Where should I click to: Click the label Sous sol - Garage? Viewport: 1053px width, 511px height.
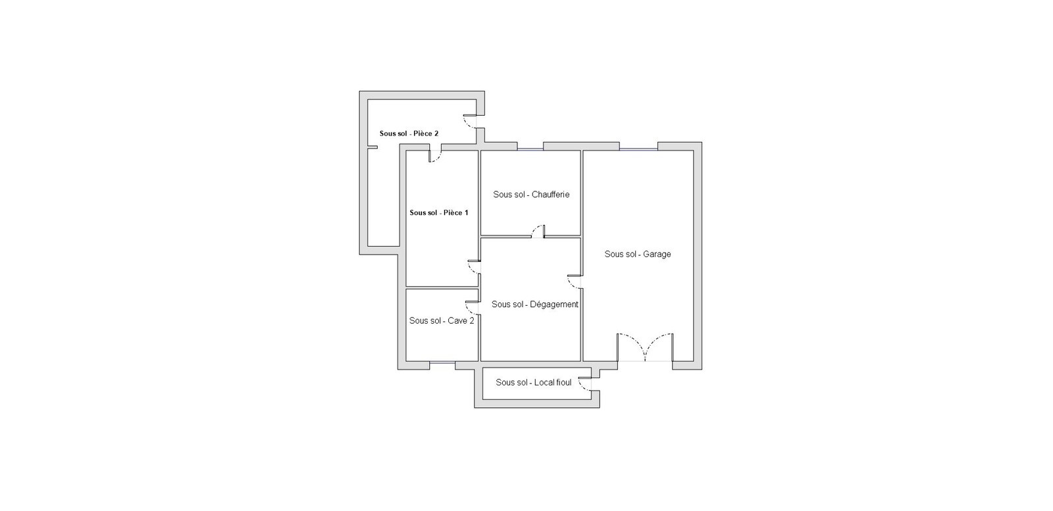tap(638, 254)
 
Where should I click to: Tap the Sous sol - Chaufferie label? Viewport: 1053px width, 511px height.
tap(531, 195)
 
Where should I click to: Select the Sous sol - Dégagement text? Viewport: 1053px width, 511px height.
tap(535, 304)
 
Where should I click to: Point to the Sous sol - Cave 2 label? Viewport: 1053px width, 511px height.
tap(442, 321)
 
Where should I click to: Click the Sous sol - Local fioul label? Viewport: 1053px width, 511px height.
tap(534, 382)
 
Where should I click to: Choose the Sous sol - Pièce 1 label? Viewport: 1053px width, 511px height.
tap(439, 213)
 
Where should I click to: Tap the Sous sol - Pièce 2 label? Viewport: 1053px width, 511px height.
tap(409, 134)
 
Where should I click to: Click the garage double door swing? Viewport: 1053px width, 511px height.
tap(645, 347)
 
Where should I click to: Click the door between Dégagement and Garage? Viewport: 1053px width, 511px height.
tap(574, 281)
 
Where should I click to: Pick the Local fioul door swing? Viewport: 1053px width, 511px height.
tap(585, 383)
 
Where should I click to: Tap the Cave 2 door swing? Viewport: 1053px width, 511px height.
tap(472, 308)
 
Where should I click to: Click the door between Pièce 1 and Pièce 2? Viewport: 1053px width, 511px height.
tap(435, 156)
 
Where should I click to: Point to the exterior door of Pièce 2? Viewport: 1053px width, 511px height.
tap(470, 121)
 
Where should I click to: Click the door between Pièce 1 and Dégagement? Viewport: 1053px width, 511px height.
tap(474, 267)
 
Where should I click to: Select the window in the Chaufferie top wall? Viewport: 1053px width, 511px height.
tap(530, 149)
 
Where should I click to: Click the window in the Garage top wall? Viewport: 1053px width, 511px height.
tap(638, 149)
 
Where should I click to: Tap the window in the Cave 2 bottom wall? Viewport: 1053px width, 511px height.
tap(442, 362)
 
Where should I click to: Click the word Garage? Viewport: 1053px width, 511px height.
tap(657, 254)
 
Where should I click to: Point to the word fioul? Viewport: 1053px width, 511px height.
tap(563, 382)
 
